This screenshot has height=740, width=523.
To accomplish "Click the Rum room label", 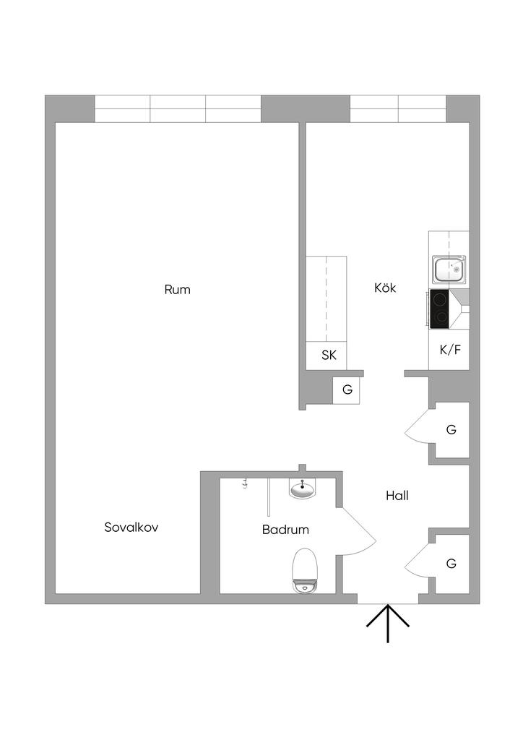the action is point(177,289).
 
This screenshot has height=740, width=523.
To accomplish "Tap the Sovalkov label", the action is point(131,527).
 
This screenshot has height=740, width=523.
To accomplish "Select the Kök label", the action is point(385,288).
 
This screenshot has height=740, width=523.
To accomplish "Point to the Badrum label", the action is point(285,530).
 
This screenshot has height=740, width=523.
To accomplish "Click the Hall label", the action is point(397,496).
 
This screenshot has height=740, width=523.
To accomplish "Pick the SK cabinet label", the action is point(329,355).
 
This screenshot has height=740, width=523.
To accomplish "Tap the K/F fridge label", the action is point(450,350).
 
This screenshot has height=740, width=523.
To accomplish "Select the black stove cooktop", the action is point(439,309).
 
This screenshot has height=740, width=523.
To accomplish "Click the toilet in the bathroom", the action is point(305,570).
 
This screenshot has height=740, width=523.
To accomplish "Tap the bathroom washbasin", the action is point(302,489).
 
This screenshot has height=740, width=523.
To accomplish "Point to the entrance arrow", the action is point(388,624).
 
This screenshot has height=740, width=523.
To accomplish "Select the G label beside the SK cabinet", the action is point(347,390).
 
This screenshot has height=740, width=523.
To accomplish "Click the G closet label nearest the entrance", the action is point(451,564).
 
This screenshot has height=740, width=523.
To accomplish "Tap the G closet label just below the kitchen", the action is point(451,429).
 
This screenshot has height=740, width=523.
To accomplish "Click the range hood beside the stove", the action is point(459,309).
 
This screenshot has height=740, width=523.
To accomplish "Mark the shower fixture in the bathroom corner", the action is point(245,483).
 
